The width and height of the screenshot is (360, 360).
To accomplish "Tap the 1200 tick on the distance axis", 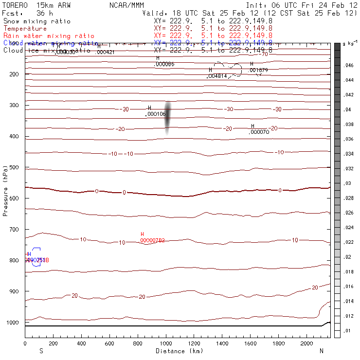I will point(194,343).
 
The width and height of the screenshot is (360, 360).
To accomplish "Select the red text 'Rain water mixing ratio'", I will point(49,36).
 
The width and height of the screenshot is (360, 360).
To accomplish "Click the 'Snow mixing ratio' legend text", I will point(37,21).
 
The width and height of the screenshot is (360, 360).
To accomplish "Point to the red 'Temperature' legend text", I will point(25,29).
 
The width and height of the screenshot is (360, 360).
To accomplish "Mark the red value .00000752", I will point(152,240).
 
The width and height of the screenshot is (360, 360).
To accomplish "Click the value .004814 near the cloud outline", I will point(217,76).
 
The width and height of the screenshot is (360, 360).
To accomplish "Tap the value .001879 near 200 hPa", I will point(258,70).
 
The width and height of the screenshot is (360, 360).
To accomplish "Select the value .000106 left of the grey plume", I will point(156,114).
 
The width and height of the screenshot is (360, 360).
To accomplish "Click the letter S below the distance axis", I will point(41,350).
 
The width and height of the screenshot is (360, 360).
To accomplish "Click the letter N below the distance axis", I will point(322,350).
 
